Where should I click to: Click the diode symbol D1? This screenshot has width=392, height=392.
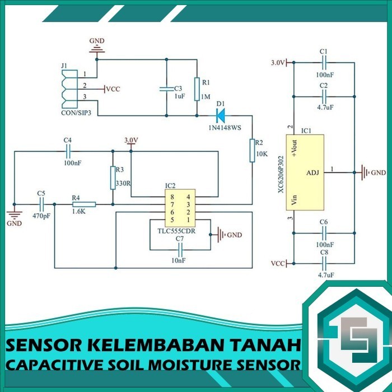220,116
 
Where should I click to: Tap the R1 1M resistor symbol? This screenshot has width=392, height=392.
197,88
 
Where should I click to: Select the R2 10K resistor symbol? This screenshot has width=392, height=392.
252,150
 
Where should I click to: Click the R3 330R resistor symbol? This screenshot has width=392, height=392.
113,178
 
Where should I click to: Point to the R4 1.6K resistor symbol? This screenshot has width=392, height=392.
84,205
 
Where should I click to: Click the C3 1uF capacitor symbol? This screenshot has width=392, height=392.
166,88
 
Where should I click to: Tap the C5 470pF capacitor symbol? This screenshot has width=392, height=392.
41,205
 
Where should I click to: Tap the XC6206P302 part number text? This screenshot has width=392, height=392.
281,174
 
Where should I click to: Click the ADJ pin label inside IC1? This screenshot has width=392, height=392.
312,172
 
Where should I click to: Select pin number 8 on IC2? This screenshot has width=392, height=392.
172,197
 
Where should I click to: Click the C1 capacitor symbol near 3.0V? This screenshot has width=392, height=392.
324,63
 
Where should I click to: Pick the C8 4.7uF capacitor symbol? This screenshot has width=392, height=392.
324,263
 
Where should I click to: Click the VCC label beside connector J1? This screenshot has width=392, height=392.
113,89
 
